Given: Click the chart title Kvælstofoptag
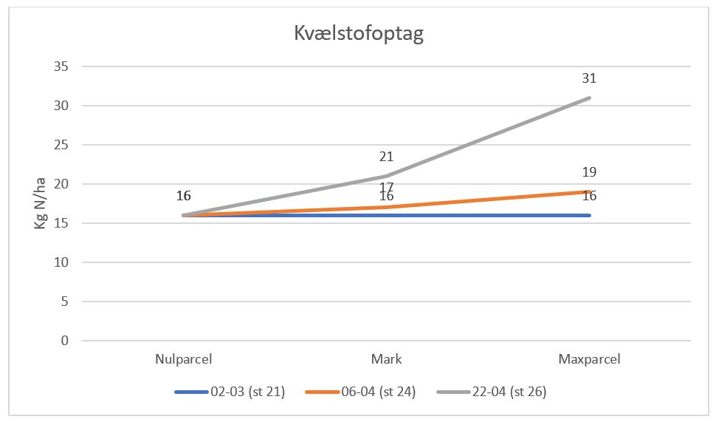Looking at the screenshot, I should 359,34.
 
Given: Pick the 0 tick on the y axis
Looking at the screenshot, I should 64,341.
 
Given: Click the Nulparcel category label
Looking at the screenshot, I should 184,360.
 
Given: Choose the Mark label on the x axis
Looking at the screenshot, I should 387,360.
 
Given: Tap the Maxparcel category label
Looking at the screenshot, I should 589,360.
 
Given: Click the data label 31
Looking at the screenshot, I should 589,78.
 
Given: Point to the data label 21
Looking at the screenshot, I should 387,157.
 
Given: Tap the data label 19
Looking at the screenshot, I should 589,172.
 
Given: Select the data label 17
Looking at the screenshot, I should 387,188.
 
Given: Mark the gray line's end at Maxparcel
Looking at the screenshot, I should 589,98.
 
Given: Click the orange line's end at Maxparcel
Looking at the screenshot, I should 589,192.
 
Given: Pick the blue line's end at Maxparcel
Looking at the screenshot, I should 589,215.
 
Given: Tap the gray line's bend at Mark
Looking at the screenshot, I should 387,177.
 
